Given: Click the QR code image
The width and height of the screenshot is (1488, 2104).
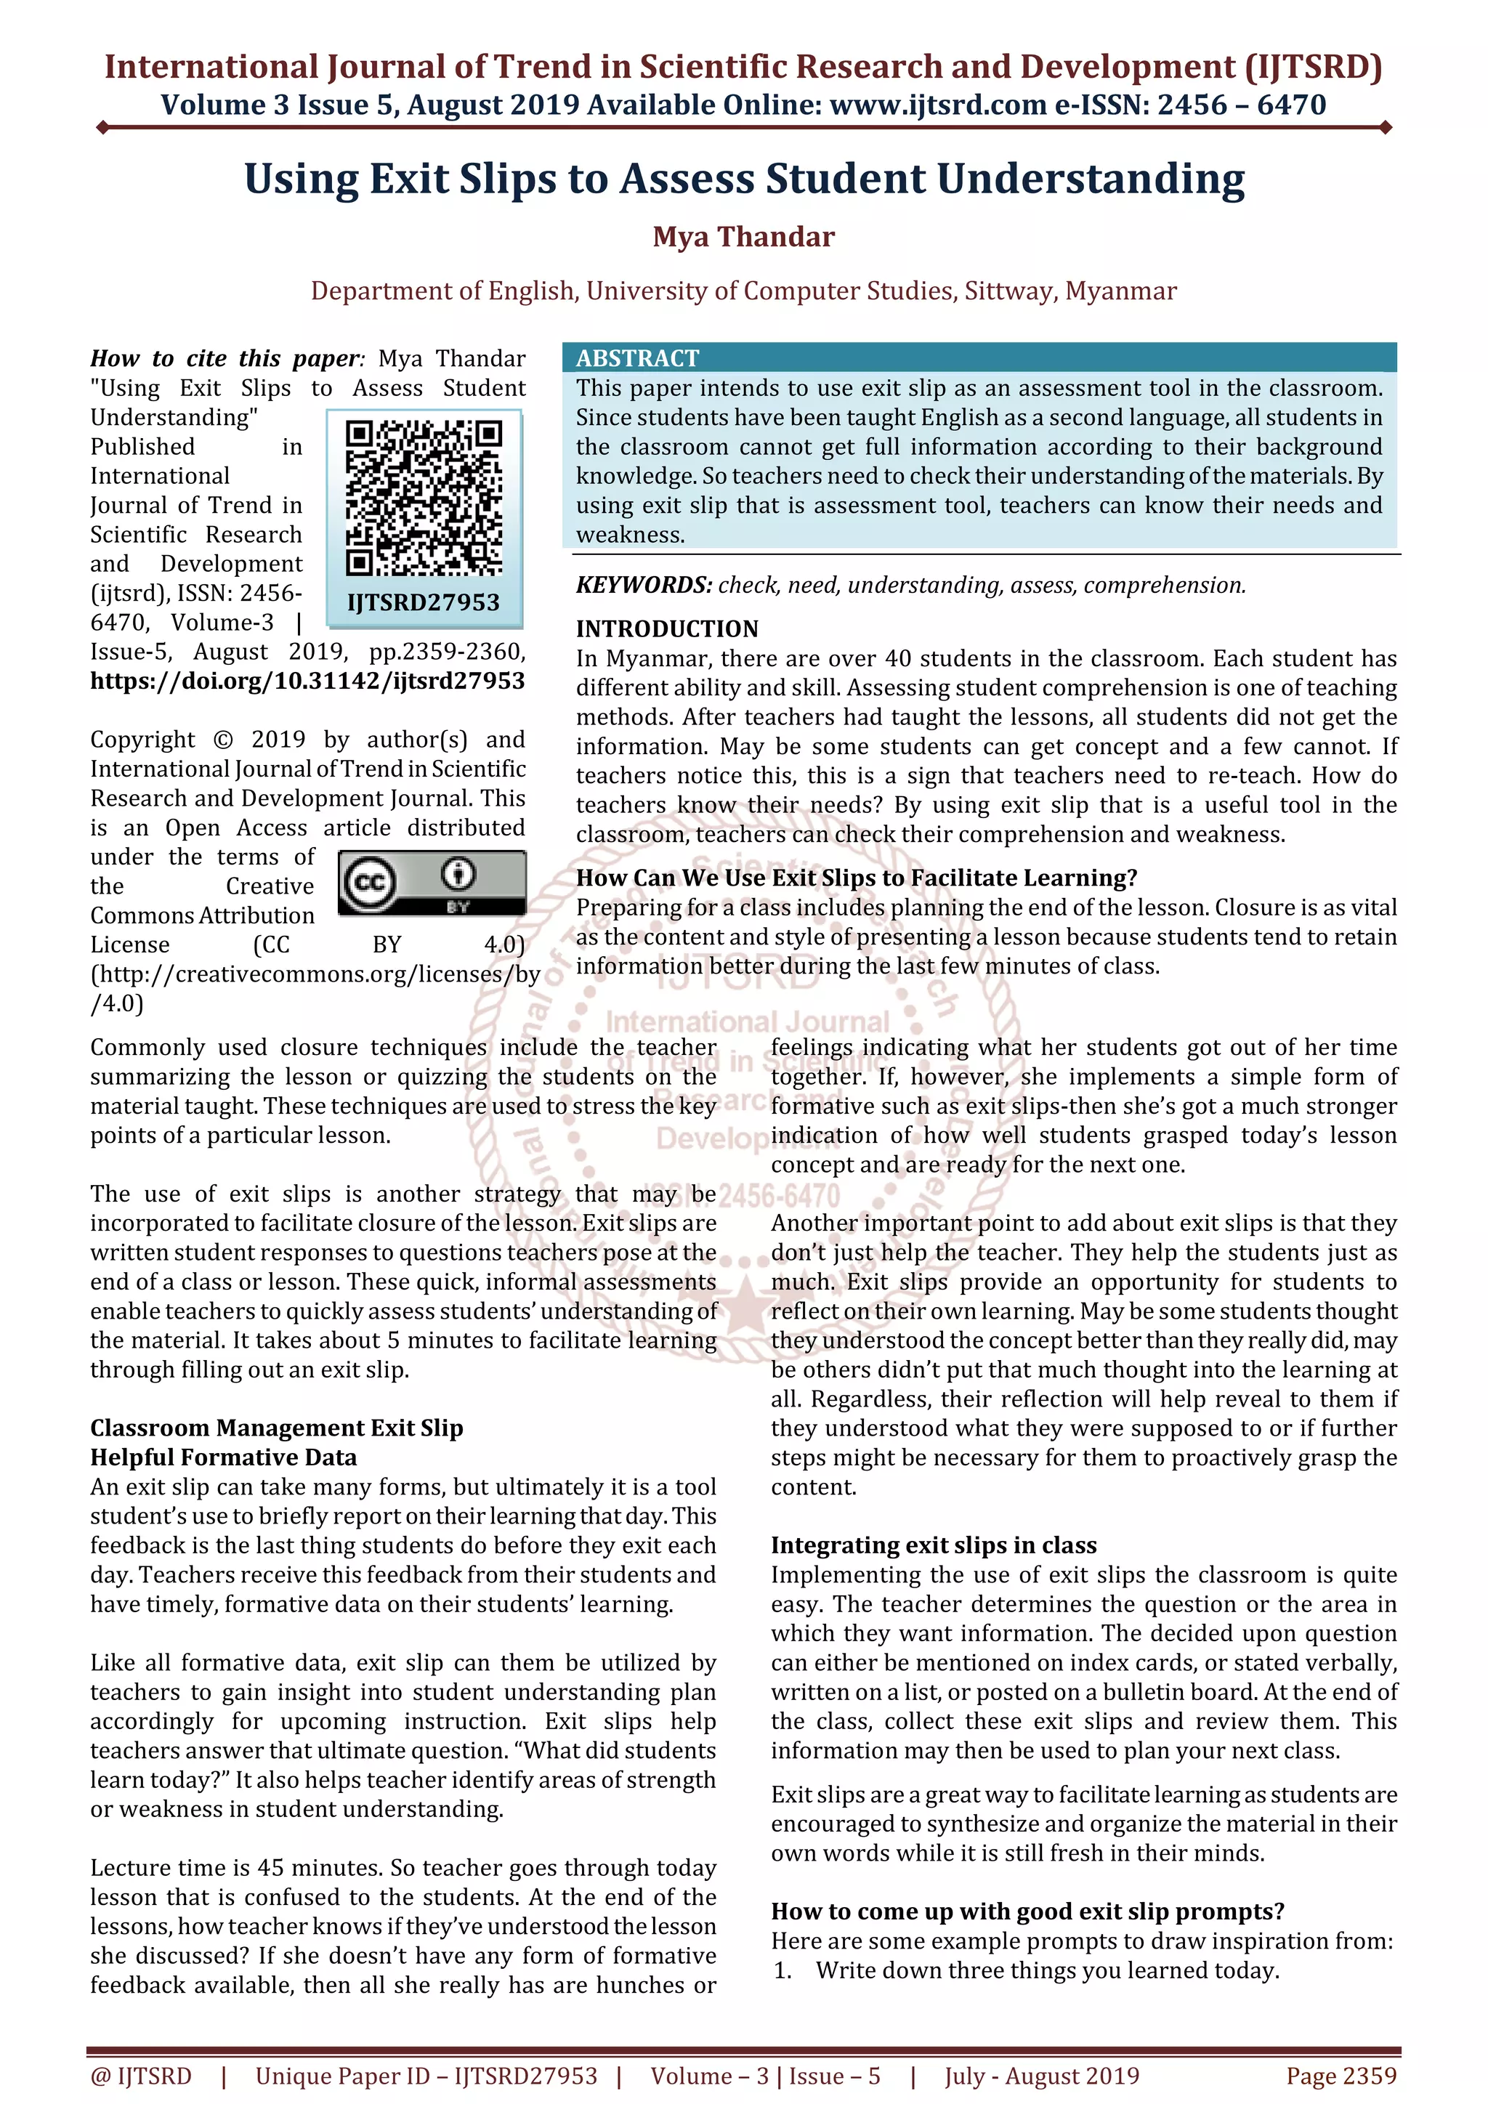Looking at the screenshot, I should click(424, 498).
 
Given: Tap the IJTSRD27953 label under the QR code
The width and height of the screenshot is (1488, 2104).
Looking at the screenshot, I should click(424, 602).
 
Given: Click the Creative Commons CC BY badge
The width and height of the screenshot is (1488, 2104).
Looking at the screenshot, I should click(432, 883).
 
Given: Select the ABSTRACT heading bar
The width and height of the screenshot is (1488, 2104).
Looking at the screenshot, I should click(979, 357).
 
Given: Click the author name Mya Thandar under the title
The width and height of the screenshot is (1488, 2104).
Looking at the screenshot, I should click(743, 238).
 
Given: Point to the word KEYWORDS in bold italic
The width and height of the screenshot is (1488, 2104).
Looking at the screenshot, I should click(643, 585).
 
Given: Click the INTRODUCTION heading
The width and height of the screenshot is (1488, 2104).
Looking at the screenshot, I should click(667, 628).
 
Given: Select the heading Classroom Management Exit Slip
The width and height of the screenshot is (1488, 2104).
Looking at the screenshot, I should click(277, 1428).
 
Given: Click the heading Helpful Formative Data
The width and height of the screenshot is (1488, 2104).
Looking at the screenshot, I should click(224, 1457).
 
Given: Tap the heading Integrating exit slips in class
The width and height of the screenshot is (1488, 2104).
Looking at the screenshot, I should click(933, 1545).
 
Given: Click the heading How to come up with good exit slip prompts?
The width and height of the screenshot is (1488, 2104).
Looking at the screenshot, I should click(1027, 1911).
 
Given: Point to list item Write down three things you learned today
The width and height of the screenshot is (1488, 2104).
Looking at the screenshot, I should click(1046, 1970).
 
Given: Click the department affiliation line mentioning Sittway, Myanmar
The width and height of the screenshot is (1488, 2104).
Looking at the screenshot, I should click(743, 291).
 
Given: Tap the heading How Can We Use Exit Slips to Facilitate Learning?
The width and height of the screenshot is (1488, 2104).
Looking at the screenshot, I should click(856, 878).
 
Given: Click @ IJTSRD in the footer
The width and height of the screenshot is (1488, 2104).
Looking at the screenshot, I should click(141, 2076).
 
